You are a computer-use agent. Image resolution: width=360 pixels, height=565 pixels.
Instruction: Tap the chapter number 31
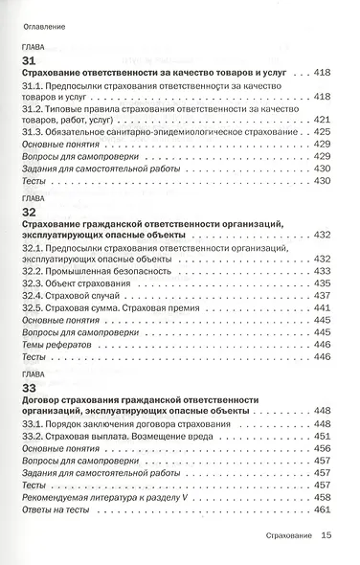click(x=29, y=60)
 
